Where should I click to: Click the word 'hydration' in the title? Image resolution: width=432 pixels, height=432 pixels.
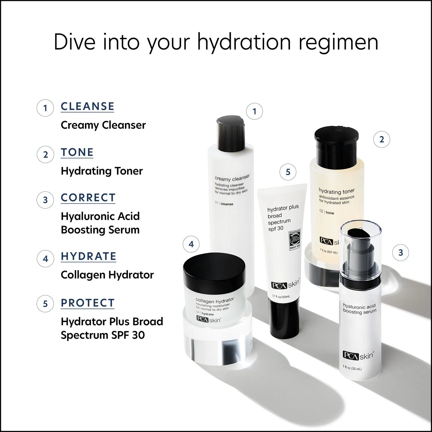244,42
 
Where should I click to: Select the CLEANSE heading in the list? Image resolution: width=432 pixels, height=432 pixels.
87,106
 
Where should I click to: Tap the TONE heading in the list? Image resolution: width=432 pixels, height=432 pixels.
77,152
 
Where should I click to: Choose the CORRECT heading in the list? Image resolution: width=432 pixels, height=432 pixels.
88,198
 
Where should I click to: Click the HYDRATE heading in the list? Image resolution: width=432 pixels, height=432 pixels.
88,256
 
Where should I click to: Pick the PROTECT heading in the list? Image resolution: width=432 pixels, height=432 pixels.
88,303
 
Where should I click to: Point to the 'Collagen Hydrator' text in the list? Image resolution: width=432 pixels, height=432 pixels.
107,275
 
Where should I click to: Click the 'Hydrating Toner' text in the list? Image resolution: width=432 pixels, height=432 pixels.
102,171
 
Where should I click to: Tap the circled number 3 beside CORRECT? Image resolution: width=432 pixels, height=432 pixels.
45,200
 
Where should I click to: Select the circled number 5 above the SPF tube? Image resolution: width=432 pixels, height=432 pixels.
288,172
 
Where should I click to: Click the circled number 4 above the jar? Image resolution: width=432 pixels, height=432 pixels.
191,244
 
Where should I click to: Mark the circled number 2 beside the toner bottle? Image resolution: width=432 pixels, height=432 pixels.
381,139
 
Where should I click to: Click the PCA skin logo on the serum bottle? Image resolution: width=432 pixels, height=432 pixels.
358,356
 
